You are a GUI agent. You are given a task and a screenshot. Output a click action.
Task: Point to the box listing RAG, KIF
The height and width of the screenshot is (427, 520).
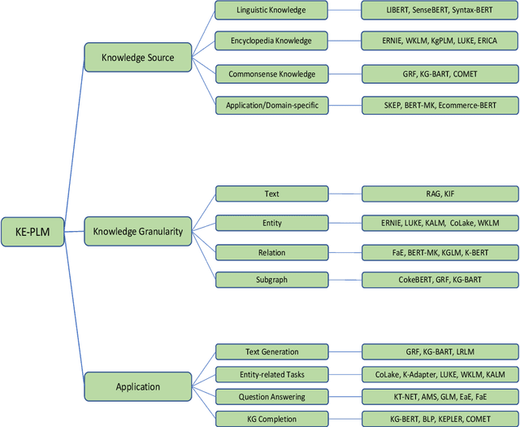pos(440,194)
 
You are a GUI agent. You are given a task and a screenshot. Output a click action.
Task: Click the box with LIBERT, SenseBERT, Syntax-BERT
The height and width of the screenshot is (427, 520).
pos(440,11)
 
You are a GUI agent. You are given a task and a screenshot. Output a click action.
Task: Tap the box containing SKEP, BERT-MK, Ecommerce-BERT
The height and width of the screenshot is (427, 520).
pos(440,104)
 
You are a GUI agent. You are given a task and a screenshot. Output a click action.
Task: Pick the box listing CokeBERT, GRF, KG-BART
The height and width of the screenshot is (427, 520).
pos(440,279)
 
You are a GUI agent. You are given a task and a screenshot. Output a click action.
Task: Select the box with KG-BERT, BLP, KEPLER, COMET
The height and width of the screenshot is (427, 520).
pos(440,418)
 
